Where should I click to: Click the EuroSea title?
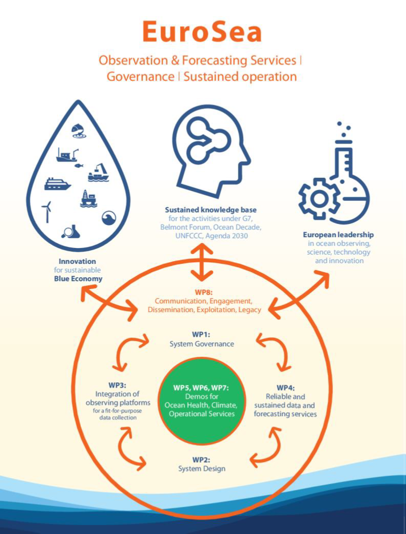202,32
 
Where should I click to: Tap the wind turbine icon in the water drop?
47,212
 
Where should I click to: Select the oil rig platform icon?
88,198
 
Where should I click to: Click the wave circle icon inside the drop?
109,218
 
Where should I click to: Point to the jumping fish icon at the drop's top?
78,131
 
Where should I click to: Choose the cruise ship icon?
57,184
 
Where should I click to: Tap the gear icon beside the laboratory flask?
319,199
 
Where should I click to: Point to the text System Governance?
201,344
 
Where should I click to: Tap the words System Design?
201,468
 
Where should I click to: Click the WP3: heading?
117,385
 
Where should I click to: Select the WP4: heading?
286,387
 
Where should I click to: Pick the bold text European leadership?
338,235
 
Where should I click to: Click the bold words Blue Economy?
78,279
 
